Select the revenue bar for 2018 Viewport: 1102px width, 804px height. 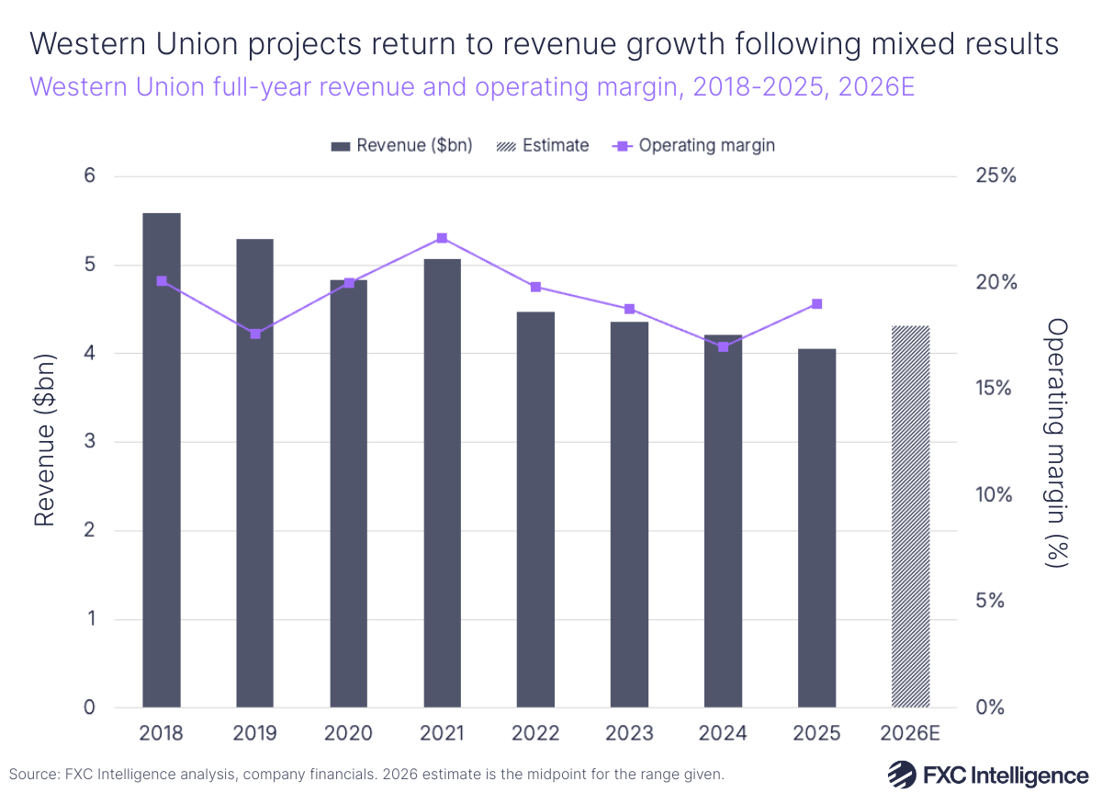(x=162, y=460)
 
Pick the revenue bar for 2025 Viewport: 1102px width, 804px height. (x=816, y=528)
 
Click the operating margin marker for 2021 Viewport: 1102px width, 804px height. (x=442, y=238)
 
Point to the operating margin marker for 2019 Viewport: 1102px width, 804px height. (x=255, y=334)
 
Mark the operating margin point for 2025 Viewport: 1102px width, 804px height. (x=816, y=304)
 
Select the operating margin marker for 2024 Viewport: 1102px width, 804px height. (x=724, y=346)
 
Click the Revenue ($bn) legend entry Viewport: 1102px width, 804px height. (x=401, y=145)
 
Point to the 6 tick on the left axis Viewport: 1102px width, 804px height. (x=90, y=176)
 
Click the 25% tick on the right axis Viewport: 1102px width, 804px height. (x=995, y=176)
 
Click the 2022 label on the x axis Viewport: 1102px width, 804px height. (x=535, y=733)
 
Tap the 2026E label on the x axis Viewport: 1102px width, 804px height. (x=911, y=733)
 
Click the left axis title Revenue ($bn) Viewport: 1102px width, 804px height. (x=45, y=441)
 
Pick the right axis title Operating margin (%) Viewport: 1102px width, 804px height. (x=1058, y=442)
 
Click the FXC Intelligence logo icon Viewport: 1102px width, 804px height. (x=899, y=775)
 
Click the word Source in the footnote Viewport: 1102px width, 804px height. (x=30, y=775)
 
